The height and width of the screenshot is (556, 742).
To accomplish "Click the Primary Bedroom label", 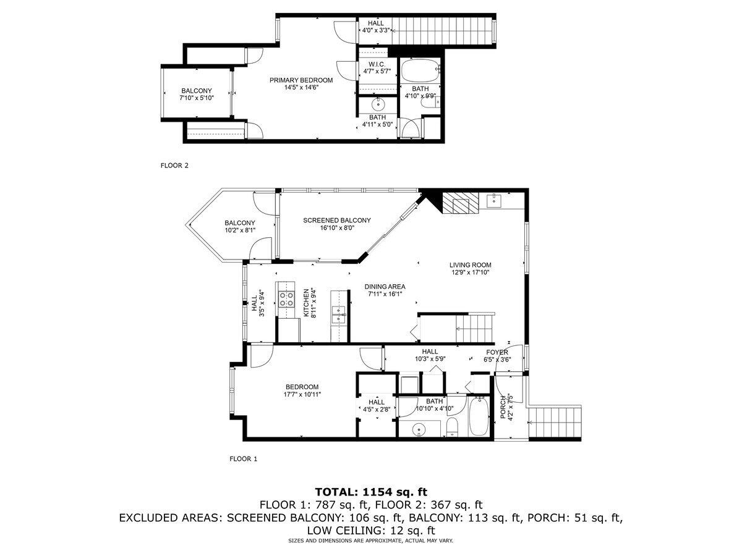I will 300,80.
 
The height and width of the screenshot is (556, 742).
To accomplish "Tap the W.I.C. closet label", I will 377,64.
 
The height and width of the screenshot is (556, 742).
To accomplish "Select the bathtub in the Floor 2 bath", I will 420,72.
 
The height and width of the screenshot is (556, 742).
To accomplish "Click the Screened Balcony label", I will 336,221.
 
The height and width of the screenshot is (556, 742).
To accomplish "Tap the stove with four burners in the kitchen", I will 287,299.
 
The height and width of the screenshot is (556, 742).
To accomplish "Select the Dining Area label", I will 385,287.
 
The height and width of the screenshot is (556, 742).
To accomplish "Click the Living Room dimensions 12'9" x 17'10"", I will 470,272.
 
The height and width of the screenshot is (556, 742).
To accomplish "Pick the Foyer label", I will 497,353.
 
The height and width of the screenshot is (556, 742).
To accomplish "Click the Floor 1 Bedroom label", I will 302,387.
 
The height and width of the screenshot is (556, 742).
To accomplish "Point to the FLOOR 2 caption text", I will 174,165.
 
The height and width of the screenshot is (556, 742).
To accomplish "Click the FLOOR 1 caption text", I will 243,459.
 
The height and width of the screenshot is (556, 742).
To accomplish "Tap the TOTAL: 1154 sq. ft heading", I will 371,492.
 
